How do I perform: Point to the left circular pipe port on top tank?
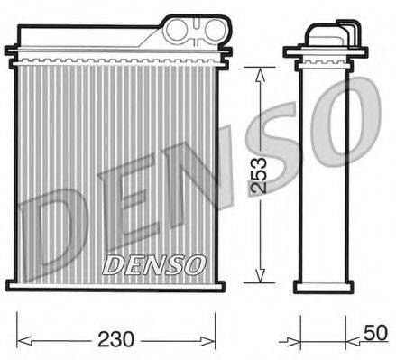pyautogui.click(x=178, y=29)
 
